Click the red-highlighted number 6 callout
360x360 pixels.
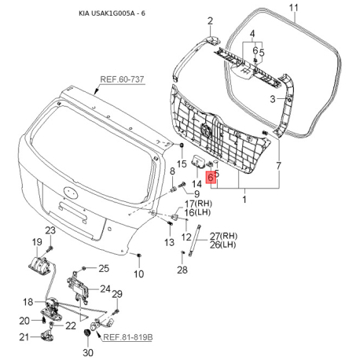tap(211, 178)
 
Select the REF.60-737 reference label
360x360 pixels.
tap(122, 79)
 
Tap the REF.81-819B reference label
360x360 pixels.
tap(128, 337)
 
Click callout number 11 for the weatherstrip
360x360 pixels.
tap(294, 8)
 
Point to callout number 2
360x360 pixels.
tap(210, 21)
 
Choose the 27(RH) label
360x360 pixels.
tap(223, 236)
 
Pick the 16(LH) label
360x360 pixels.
tap(198, 212)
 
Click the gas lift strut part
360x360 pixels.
tap(195, 241)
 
